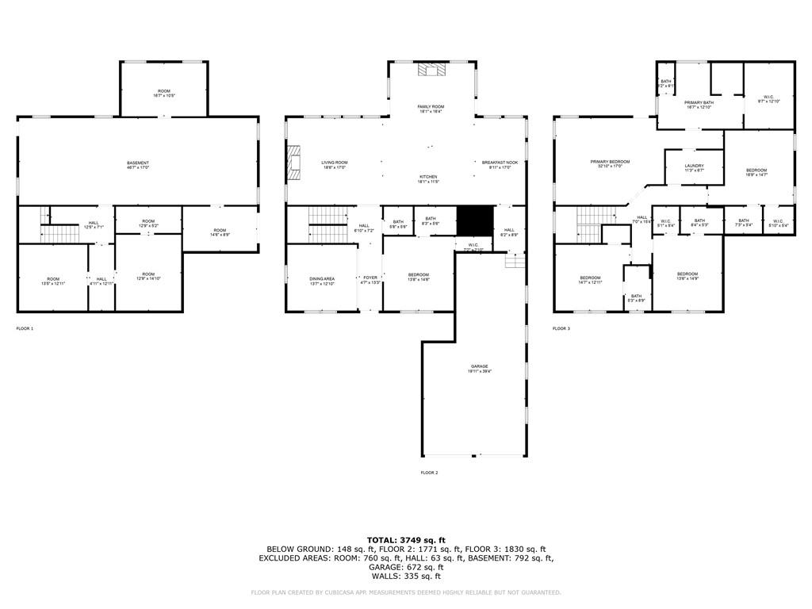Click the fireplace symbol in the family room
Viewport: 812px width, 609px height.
click(431, 70)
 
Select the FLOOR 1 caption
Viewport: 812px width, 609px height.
click(25, 328)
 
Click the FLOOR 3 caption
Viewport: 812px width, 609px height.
click(561, 328)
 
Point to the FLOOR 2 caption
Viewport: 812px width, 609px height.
click(429, 473)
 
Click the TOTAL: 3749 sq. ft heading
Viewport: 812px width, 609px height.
click(406, 539)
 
